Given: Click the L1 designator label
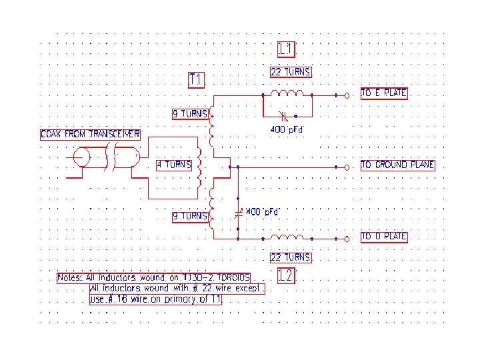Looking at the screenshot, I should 286,49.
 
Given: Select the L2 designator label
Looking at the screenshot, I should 285,275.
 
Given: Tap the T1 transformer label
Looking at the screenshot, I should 196,80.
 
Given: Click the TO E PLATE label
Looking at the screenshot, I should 384,93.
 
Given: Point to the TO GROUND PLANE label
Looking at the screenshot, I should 397,165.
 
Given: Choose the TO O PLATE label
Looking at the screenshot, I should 384,237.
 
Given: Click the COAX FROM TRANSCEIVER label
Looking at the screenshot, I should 91,134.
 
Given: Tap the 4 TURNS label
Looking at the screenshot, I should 174,165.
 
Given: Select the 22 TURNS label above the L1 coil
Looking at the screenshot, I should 291,72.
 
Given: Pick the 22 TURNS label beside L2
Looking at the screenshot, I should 291,257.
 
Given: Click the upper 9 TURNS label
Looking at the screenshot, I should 190,114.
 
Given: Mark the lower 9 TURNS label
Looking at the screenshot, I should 190,217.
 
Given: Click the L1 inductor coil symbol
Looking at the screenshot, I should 291,93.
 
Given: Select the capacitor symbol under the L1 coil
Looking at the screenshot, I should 285,116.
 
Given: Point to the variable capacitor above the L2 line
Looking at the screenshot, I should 239,214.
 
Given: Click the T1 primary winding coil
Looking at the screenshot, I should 199,165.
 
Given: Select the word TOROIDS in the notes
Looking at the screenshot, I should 229,277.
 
